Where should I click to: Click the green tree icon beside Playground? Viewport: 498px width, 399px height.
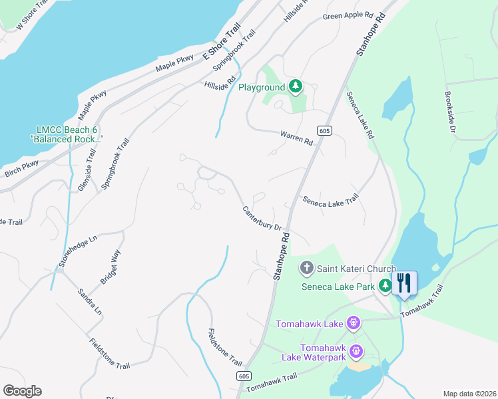[295, 86]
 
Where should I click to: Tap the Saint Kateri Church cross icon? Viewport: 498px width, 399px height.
[307, 269]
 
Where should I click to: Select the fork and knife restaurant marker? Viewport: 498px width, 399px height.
[404, 283]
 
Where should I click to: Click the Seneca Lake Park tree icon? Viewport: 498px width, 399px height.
[385, 286]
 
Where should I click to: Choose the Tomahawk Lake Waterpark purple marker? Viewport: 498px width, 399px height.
[357, 350]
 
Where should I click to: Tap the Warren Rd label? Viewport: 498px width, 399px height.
[296, 138]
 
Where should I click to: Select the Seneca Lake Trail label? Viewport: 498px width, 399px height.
[330, 199]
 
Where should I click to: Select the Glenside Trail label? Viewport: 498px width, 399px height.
[87, 170]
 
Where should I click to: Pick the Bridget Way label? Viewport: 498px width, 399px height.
[111, 267]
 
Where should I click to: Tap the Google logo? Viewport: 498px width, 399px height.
[22, 391]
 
